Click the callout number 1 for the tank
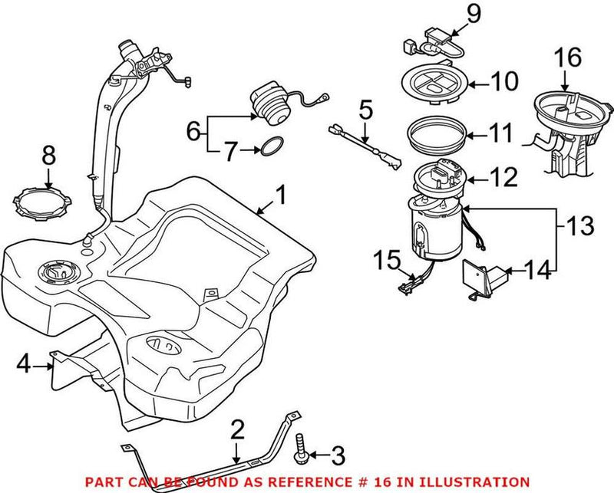[x=281, y=196]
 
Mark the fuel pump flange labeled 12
[x=440, y=179]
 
